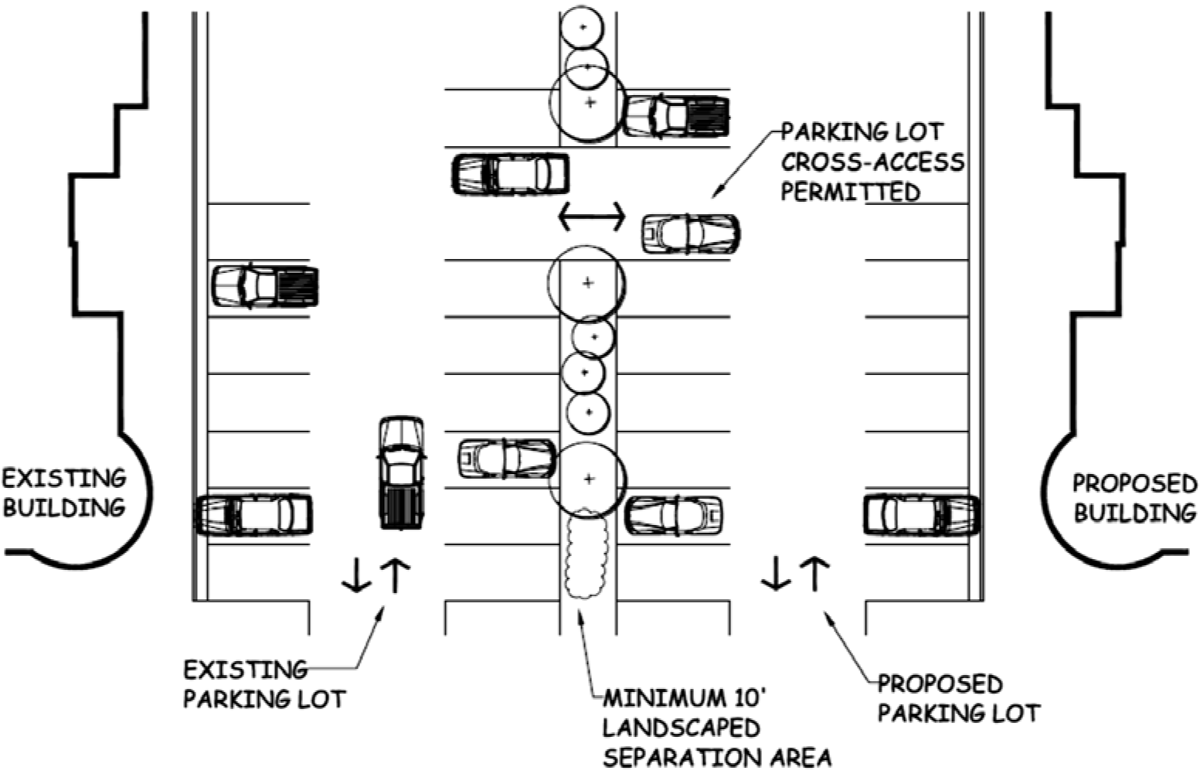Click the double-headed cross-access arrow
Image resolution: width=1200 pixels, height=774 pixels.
591,217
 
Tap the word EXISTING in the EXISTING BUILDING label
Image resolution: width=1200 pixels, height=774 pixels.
64,479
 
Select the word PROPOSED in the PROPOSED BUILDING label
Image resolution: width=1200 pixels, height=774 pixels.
1134,484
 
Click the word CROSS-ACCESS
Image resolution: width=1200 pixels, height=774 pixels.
872,162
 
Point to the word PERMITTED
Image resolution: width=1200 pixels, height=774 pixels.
850,192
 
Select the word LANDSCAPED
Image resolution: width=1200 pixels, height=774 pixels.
681,728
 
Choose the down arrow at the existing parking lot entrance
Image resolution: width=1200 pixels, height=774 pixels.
356,575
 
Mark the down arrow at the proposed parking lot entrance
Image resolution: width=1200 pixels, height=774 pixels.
775,575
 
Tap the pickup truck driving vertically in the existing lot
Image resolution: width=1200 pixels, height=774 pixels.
401,473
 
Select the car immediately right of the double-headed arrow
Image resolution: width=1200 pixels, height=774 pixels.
691,234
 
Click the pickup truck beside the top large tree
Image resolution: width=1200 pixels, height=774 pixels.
676,116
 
